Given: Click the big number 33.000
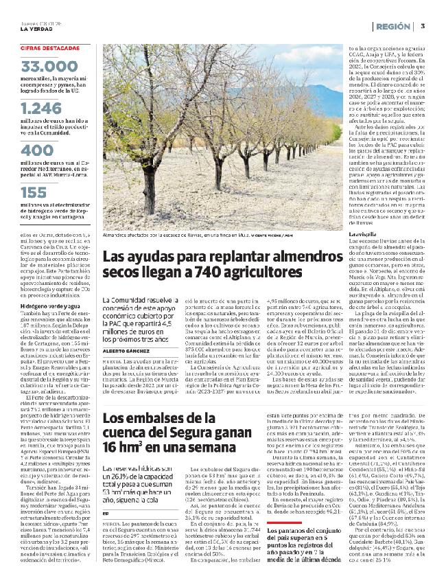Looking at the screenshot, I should click(50, 67).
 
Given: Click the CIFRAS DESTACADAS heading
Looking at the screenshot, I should click(50, 47).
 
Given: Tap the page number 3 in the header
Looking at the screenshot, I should click(423, 25).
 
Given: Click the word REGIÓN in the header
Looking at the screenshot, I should click(394, 25).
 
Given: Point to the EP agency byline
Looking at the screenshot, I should click(105, 474).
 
